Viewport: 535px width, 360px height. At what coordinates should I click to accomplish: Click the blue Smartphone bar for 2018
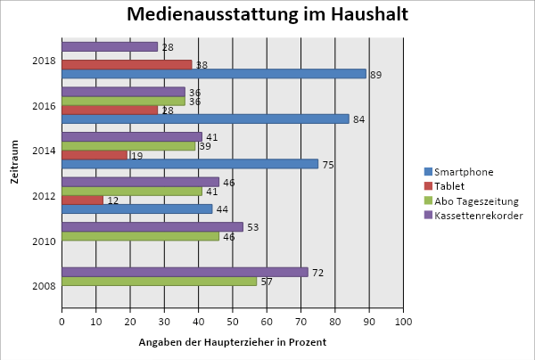214,74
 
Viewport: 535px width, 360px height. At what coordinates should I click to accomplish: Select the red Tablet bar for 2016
110,110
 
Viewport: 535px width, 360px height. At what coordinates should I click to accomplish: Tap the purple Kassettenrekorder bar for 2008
185,272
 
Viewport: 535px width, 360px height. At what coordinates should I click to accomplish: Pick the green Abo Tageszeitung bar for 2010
140,236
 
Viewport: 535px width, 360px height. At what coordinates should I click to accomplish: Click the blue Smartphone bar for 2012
137,209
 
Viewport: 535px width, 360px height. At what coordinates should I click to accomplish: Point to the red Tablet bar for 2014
95,155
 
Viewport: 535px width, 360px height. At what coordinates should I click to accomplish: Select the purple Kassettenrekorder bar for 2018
110,46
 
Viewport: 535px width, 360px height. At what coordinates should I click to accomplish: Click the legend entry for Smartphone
471,172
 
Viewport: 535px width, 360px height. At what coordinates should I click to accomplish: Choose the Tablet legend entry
463,186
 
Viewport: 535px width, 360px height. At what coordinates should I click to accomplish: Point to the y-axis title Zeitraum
15,162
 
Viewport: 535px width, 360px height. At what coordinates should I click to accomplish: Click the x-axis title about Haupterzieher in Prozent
233,342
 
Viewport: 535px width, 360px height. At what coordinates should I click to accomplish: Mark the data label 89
376,75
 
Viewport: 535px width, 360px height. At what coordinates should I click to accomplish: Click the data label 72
317,272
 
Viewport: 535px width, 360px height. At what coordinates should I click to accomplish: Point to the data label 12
113,200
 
